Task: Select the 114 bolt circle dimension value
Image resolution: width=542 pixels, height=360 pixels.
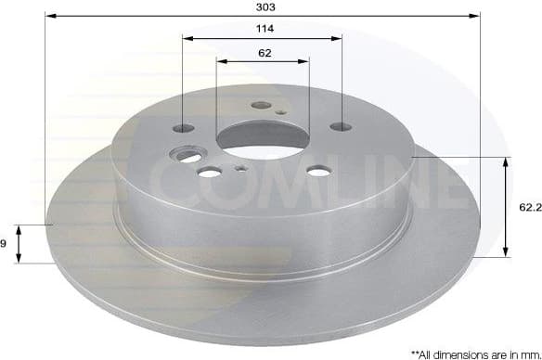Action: click(263, 29)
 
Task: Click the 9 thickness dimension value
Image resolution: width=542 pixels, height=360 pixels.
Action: click(5, 243)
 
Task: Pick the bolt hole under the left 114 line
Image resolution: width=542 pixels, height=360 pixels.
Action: click(184, 127)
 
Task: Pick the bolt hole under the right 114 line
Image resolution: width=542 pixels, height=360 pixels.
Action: click(342, 126)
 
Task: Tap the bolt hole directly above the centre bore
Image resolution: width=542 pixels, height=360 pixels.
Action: click(261, 106)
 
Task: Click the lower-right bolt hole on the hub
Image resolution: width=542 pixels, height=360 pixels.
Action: click(318, 170)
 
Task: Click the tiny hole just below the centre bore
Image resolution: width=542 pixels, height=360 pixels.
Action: click(239, 169)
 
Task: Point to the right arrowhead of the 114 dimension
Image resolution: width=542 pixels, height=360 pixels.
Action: click(338, 39)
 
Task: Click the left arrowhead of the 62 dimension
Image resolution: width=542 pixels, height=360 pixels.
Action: click(221, 62)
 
